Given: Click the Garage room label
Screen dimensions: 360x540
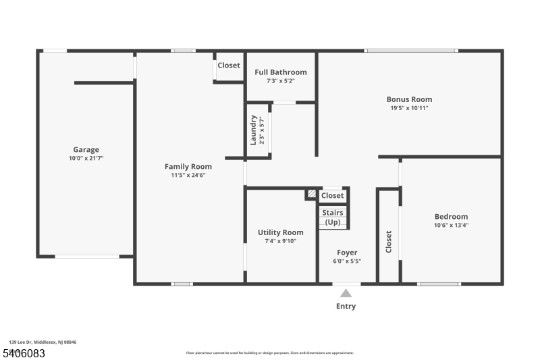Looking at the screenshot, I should tap(86, 150).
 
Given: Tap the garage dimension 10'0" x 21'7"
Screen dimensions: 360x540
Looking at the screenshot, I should tap(86, 158).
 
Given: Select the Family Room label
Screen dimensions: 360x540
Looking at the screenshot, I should tap(188, 166).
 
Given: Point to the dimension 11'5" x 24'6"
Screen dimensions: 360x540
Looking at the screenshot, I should tap(188, 174).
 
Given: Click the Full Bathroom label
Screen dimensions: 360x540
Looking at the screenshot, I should tap(280, 72).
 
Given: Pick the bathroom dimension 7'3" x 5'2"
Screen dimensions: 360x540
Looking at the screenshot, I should tap(280, 80).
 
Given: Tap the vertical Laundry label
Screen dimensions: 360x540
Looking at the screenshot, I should tap(254, 130).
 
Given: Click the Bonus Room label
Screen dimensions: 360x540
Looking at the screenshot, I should tap(409, 99).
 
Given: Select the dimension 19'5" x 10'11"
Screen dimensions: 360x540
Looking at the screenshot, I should tap(409, 107).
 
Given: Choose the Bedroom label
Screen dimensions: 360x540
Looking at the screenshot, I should tap(451, 217).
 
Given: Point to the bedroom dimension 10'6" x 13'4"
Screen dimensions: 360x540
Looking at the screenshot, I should tap(451, 225).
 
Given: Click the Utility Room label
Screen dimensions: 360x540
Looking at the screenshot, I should tap(280, 232).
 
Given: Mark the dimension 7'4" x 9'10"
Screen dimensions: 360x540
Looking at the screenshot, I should tap(280, 240).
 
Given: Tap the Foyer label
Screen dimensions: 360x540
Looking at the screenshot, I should tap(347, 253).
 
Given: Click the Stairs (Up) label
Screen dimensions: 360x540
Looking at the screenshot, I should tap(333, 217).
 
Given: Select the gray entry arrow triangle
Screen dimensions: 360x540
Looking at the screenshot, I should tap(346, 293).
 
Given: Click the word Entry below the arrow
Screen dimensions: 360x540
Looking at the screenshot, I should tap(346, 306).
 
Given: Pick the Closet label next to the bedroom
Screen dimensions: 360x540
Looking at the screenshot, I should tap(389, 242).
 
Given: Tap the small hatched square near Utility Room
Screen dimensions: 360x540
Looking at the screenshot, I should tap(311, 195).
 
